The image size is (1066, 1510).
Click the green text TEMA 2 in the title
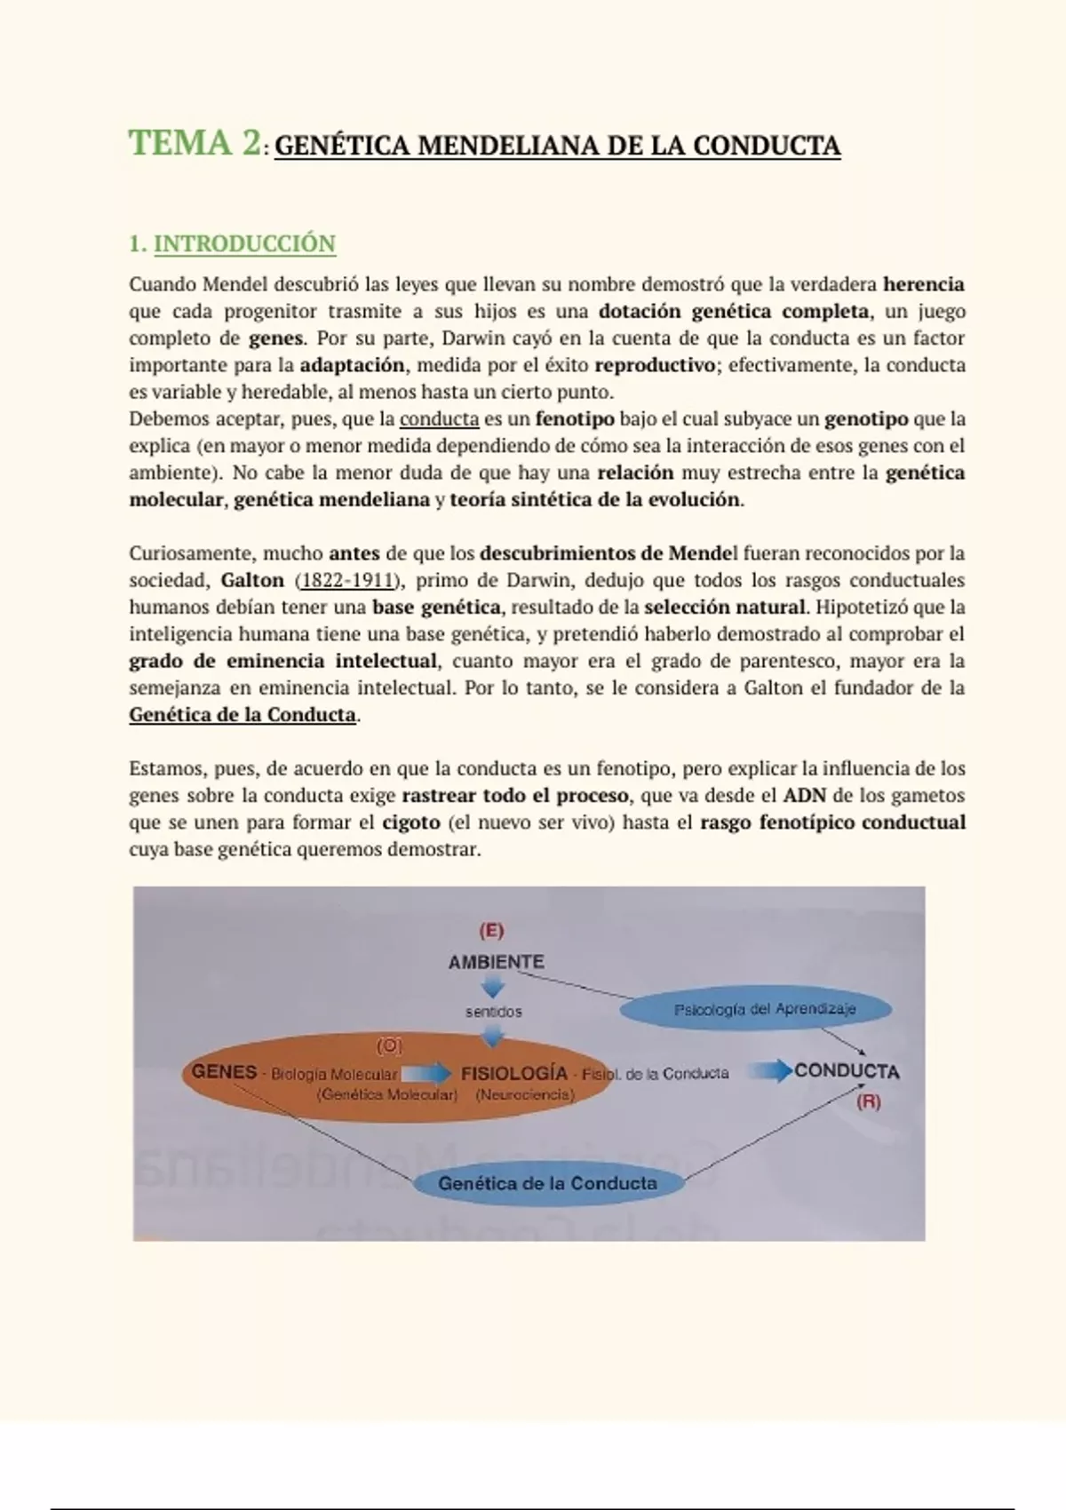pyautogui.click(x=195, y=143)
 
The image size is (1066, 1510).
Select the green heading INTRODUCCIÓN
pyautogui.click(x=244, y=243)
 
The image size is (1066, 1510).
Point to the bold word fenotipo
pyautogui.click(x=575, y=419)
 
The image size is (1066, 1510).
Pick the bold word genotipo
pyautogui.click(x=866, y=419)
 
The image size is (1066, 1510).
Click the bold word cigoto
pyautogui.click(x=411, y=823)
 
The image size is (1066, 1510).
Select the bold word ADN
pyautogui.click(x=805, y=796)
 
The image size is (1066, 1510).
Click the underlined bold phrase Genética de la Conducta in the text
pyautogui.click(x=243, y=715)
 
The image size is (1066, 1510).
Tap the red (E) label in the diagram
pyautogui.click(x=491, y=931)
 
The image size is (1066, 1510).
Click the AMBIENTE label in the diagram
pyautogui.click(x=497, y=962)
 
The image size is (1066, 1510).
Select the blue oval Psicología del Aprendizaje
pyautogui.click(x=755, y=1010)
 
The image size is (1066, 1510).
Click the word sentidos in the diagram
pyautogui.click(x=494, y=1012)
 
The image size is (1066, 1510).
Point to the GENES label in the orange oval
pyautogui.click(x=224, y=1072)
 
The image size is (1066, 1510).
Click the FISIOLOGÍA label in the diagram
pyautogui.click(x=514, y=1073)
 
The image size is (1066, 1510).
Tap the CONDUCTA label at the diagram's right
pyautogui.click(x=847, y=1072)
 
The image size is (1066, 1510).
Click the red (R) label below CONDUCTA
pyautogui.click(x=868, y=1102)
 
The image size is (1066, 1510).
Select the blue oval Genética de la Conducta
pyautogui.click(x=547, y=1183)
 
